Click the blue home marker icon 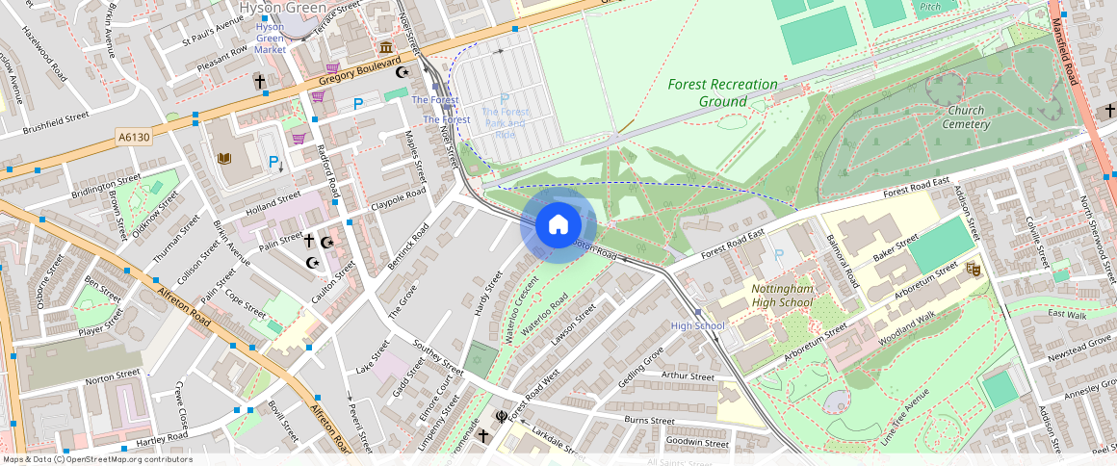558,225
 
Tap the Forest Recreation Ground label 723,92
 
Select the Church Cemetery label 965,117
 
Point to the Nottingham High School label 782,296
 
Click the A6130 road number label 135,139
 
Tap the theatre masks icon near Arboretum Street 972,270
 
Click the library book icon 224,159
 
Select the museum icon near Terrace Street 385,48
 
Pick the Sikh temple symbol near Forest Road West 501,417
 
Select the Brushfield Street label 56,122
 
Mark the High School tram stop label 697,325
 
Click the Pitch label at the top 929,7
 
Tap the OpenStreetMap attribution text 97,459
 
